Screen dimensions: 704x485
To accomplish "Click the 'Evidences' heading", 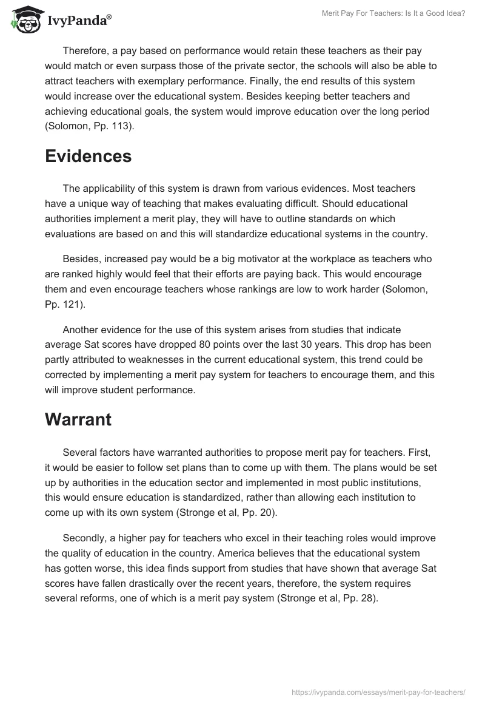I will point(88,156).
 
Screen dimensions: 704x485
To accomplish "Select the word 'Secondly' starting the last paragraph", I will point(85,538).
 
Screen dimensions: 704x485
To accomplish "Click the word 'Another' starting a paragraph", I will point(81,329).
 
